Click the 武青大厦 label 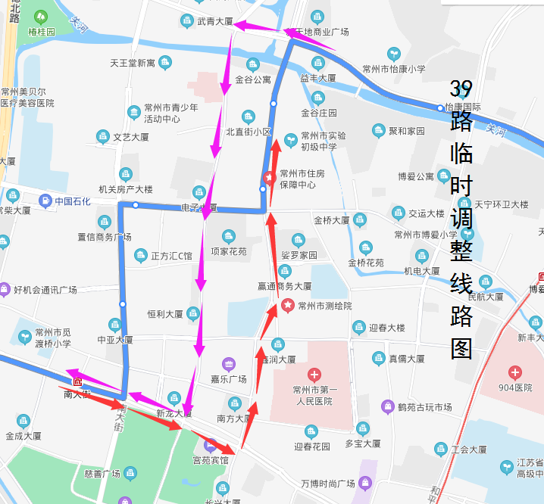[214, 21]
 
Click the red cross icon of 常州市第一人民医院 [314, 375]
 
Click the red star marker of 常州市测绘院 [288, 306]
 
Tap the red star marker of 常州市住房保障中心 [269, 179]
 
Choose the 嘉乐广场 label [229, 379]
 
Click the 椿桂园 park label [42, 32]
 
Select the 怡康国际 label [463, 107]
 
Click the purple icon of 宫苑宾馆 [211, 444]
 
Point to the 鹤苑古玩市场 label [424, 407]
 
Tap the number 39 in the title [461, 89]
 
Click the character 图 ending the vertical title [461, 348]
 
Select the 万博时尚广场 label [327, 483]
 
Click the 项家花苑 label [229, 251]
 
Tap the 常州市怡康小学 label [394, 69]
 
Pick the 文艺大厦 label [131, 137]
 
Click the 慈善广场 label [103, 474]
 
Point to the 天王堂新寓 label [133, 62]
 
